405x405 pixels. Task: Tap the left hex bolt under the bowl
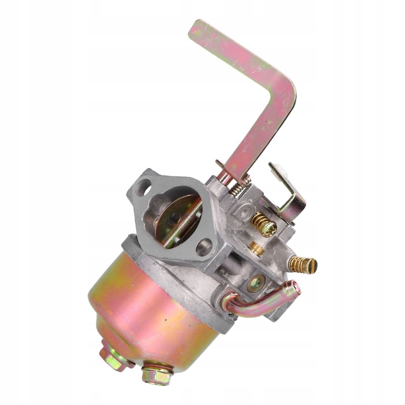tap(112, 357)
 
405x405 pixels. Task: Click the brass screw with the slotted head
tap(303, 264)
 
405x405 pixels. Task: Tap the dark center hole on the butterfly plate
tap(174, 219)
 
